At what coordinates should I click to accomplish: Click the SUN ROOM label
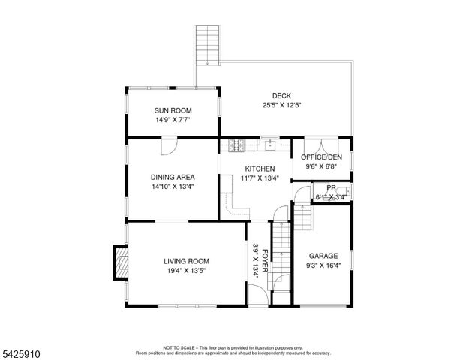point(173,110)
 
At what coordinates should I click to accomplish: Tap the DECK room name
point(281,95)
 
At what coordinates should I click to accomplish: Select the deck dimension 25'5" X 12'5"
point(281,105)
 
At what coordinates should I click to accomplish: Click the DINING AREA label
point(173,178)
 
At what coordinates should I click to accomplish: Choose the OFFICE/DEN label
point(321,157)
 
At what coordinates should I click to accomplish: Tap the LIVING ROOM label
point(186,261)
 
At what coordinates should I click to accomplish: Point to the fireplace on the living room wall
point(119,262)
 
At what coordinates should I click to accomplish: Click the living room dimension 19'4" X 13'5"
point(186,271)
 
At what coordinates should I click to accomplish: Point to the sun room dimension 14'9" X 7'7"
point(173,120)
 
